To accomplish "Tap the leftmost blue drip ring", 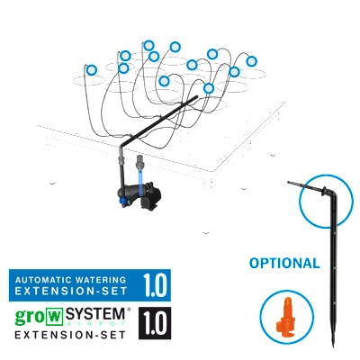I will pyautogui.click(x=91, y=68).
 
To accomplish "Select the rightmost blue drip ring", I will pyautogui.click(x=252, y=61).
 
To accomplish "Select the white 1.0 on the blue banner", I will pyautogui.click(x=155, y=286).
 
